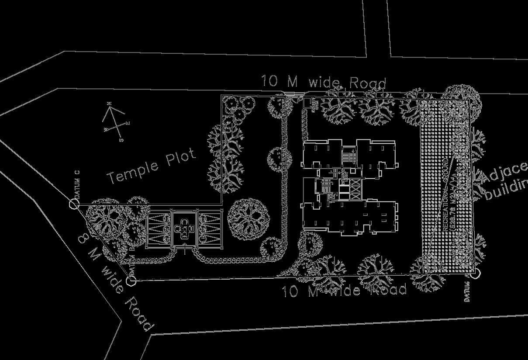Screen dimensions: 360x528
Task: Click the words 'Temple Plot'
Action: pos(152,166)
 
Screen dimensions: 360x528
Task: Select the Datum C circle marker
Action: pos(73,204)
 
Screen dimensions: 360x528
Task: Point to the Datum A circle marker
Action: pos(476,274)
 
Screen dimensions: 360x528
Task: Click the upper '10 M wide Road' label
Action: pos(324,82)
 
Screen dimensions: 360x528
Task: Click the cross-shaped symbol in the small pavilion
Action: pos(185,227)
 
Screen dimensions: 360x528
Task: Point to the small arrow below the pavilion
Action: pos(185,251)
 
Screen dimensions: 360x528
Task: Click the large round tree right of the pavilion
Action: pos(248,218)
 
